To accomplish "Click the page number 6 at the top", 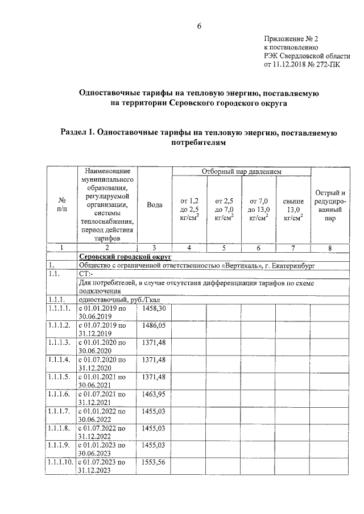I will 200,26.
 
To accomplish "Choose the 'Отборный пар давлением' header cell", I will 241,172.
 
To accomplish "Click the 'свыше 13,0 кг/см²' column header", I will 293,208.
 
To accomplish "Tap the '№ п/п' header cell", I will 61,204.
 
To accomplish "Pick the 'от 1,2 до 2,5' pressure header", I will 189,208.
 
